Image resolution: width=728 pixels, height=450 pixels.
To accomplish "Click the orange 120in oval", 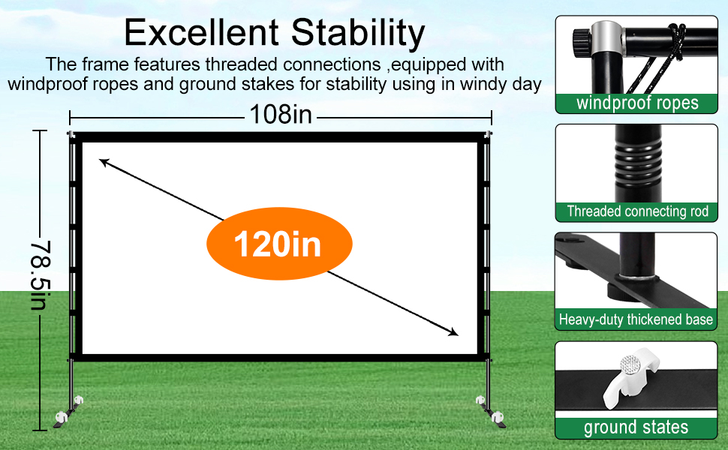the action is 279,244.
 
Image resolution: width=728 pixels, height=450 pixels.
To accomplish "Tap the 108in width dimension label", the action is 281,114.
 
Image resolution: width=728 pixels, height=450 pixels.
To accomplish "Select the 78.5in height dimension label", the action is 40,275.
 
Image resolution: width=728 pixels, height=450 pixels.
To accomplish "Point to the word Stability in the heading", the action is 358,34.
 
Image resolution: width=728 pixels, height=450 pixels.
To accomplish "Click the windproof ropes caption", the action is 637,103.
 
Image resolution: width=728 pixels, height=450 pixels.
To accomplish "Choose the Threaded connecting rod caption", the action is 637,211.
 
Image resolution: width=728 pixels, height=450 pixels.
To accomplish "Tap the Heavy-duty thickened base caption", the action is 636,319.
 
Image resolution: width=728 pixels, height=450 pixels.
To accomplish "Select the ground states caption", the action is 636,427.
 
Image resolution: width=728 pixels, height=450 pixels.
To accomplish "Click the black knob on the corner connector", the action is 581,43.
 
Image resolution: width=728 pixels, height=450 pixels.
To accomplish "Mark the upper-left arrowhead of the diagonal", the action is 104,162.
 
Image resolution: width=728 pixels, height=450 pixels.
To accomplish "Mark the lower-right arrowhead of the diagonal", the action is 453,331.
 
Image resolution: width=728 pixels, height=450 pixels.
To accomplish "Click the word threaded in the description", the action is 241,64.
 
